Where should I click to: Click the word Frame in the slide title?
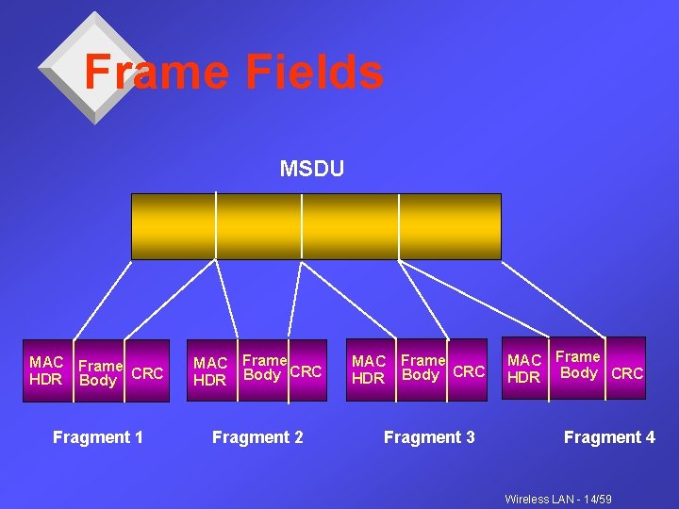pyautogui.click(x=155, y=72)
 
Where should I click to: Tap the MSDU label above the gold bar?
pyautogui.click(x=312, y=169)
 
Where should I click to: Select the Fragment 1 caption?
pyautogui.click(x=98, y=437)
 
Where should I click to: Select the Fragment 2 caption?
pyautogui.click(x=257, y=437)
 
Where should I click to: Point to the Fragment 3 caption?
pyautogui.click(x=429, y=437)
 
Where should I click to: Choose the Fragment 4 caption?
pyautogui.click(x=609, y=437)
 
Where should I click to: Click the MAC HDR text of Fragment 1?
pyautogui.click(x=46, y=370)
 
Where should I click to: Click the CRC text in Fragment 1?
pyautogui.click(x=147, y=373)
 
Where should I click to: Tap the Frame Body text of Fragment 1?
pyautogui.click(x=99, y=373)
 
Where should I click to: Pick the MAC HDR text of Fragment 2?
pyautogui.click(x=210, y=371)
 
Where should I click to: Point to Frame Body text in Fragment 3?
pyautogui.click(x=422, y=368)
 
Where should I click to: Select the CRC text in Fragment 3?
pyautogui.click(x=469, y=371)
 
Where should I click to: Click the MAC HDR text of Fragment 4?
pyautogui.click(x=524, y=369)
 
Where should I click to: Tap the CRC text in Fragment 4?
pyautogui.click(x=627, y=374)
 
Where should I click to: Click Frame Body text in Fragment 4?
pyautogui.click(x=578, y=365)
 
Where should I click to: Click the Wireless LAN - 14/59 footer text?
pyautogui.click(x=558, y=498)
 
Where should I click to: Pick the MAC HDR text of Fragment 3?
pyautogui.click(x=369, y=369)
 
